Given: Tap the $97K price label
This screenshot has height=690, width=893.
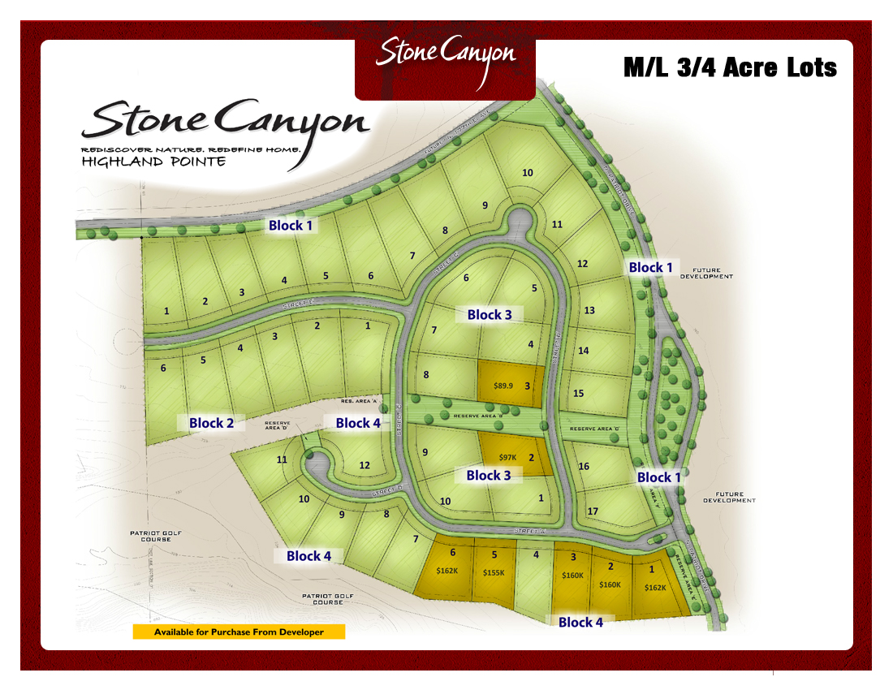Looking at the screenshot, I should (x=508, y=458).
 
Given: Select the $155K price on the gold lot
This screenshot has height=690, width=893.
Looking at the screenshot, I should (x=494, y=572).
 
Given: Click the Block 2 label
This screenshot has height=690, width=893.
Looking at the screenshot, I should (x=211, y=423).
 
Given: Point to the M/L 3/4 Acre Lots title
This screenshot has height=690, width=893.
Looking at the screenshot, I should (x=730, y=67).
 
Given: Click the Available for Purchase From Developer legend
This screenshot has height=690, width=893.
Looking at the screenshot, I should (x=239, y=632).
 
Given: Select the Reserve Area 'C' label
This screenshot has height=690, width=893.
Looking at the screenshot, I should (x=594, y=429).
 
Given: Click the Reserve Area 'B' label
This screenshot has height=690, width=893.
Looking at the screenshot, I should (x=478, y=416).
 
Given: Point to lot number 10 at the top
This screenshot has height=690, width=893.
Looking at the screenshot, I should (x=528, y=172).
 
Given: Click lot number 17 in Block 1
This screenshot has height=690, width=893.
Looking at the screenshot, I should (x=593, y=511).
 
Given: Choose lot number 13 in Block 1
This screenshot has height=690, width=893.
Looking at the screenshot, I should (x=589, y=310).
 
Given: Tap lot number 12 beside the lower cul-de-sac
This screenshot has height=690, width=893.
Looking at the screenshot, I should (x=365, y=465).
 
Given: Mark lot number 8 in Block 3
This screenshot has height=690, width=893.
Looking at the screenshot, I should (x=426, y=374).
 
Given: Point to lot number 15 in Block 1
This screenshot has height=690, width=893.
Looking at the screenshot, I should (x=579, y=393).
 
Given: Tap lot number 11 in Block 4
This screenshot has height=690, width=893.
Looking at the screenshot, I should (x=282, y=459).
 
